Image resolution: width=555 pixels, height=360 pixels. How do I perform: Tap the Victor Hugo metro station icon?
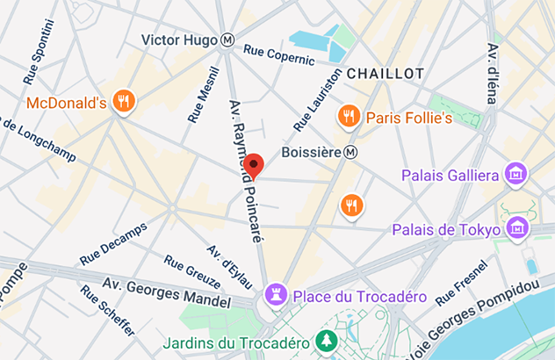tap(227, 40)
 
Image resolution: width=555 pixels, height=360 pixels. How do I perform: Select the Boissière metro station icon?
tap(351, 152)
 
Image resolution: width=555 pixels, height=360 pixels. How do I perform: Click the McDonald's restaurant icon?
tap(125, 103)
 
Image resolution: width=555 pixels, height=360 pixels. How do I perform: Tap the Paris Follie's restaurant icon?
tap(349, 117)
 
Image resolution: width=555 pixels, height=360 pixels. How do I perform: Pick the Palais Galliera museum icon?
tap(515, 175)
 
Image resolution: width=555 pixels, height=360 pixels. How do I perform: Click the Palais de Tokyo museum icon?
tap(517, 229)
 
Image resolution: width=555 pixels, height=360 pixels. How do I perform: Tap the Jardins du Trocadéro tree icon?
tap(327, 342)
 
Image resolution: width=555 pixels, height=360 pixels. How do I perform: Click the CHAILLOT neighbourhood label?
tap(386, 74)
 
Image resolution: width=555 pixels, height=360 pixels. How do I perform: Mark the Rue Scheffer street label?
tap(107, 310)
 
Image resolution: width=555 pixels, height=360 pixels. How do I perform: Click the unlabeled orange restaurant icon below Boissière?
tap(351, 205)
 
